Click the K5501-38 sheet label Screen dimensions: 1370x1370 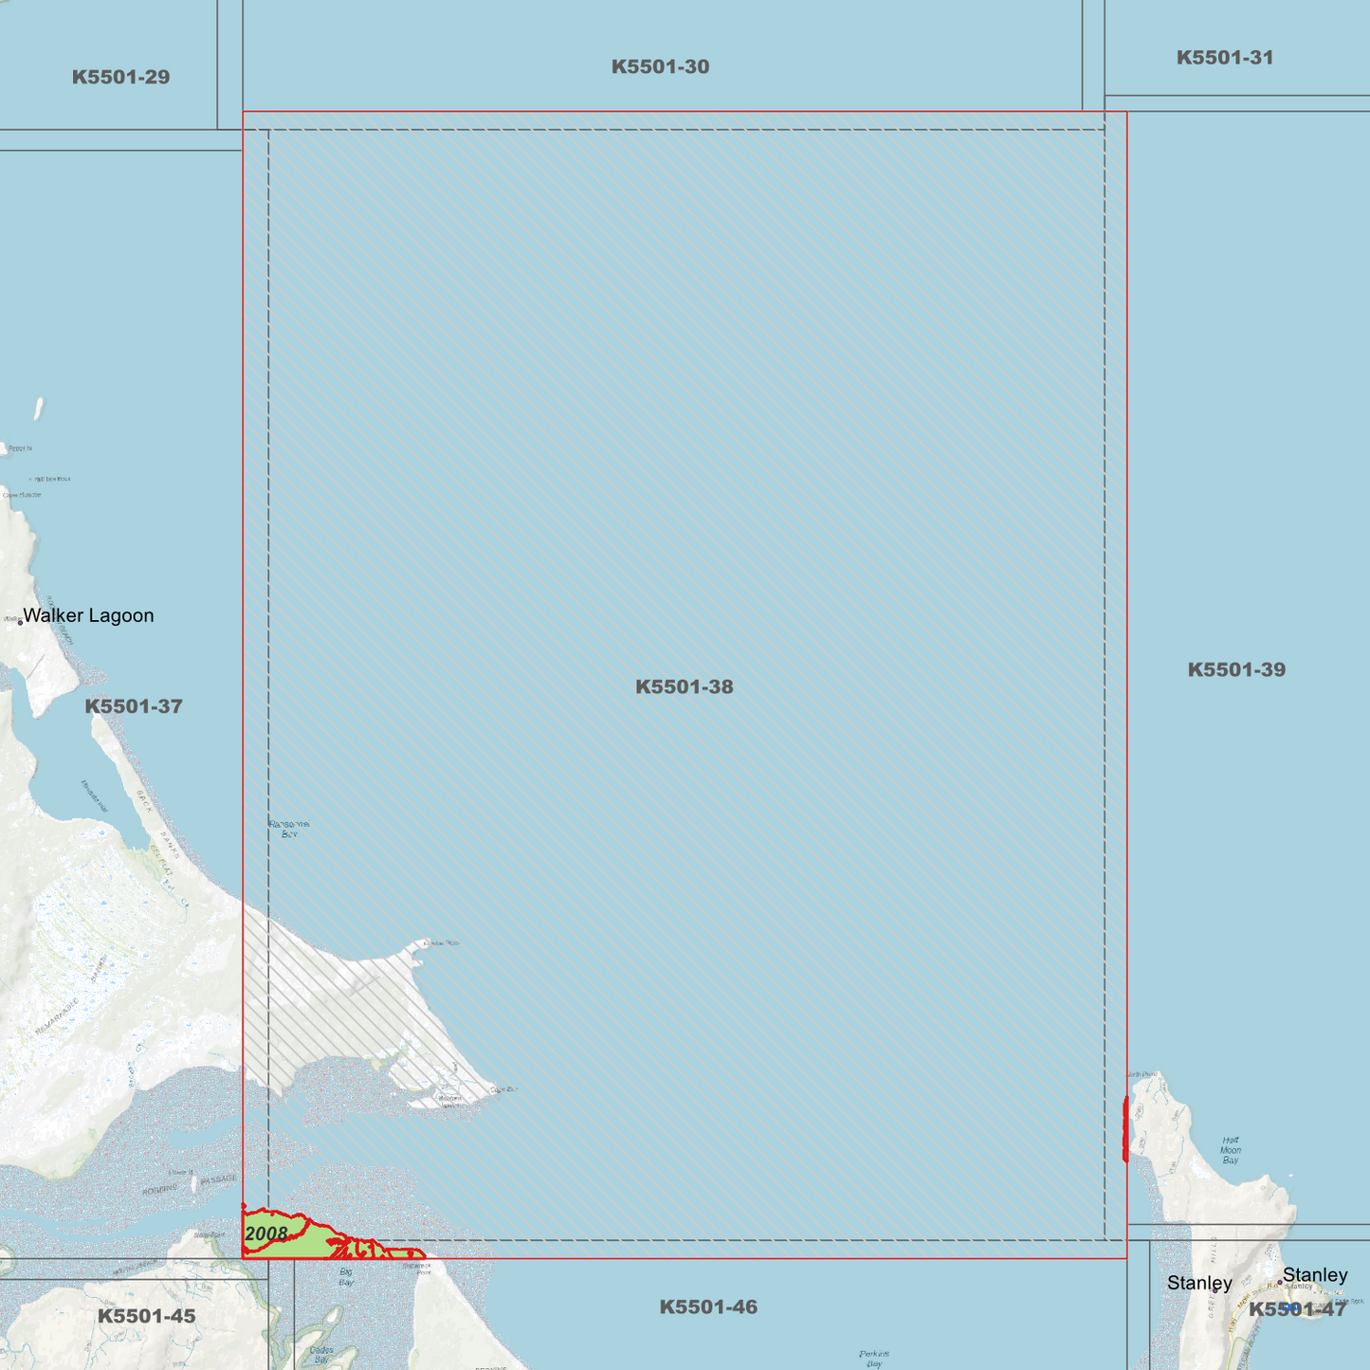click(684, 686)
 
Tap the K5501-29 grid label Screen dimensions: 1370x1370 click(120, 77)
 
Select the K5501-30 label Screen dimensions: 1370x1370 click(660, 66)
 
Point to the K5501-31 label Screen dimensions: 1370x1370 click(1224, 57)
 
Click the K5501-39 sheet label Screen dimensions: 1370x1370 click(1236, 669)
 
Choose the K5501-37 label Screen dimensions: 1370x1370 click(134, 706)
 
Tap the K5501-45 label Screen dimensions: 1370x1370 click(146, 1316)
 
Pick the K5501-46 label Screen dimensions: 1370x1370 click(708, 1306)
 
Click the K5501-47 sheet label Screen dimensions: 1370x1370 click(1296, 1309)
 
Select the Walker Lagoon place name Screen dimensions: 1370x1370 click(88, 615)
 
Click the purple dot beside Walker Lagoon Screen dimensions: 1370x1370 click(20, 622)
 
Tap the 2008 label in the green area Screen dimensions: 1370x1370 click(265, 1233)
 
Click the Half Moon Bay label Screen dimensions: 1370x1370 click(1230, 1150)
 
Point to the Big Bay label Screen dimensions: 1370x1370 click(346, 1276)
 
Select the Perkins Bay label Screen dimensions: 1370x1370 click(874, 1358)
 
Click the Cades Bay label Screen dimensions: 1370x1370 click(321, 1355)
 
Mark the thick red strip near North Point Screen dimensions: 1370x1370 click(1125, 1128)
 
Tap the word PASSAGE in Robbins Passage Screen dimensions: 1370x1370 click(218, 1179)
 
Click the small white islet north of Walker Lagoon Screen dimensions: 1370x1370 click(39, 409)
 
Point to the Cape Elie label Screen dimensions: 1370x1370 click(503, 1089)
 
